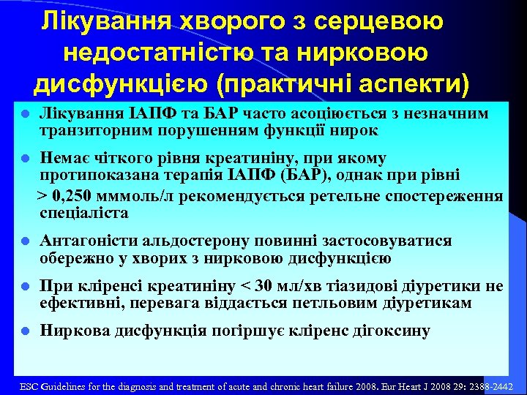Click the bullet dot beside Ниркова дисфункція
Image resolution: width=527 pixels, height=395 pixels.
pyautogui.click(x=25, y=331)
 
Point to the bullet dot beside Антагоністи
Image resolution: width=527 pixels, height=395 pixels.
pyautogui.click(x=25, y=241)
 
